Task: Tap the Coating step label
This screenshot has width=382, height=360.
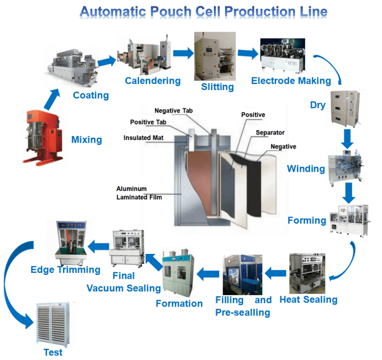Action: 91,95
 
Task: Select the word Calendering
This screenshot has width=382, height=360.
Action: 153,81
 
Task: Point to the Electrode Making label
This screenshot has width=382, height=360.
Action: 291,81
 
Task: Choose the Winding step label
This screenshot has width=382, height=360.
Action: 306,168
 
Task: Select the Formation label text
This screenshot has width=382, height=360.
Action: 179,303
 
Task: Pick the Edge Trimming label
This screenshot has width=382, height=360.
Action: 65,269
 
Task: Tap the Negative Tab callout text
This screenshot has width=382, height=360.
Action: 174,111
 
